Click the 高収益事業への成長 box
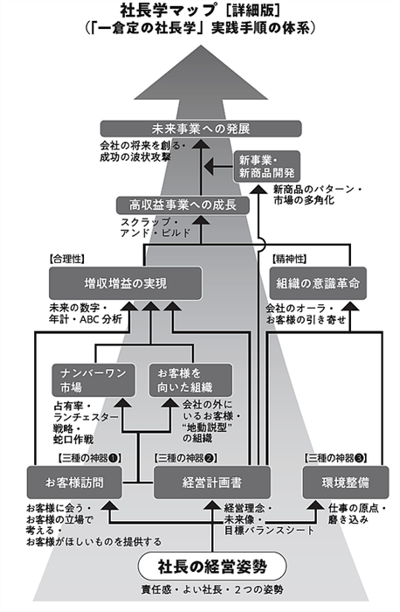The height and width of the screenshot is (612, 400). [183, 205]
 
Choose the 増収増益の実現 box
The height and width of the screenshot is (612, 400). [125, 283]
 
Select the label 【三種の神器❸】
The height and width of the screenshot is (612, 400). [335, 457]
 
